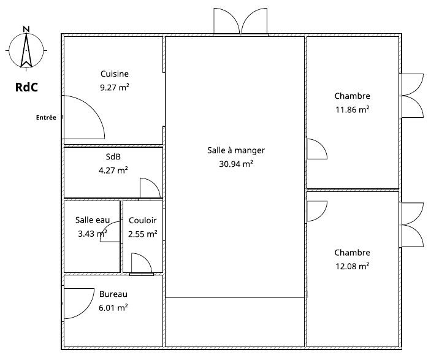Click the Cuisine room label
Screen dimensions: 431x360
coord(115,74)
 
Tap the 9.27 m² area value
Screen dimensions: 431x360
coord(115,88)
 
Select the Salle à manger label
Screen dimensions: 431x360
coord(236,150)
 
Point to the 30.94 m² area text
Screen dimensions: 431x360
coord(236,164)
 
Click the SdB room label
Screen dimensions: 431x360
coord(113,156)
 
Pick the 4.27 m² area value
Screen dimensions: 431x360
coord(113,170)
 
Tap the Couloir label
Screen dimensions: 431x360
coord(143,220)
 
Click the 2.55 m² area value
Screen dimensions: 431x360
coord(143,234)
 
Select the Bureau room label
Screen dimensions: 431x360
coord(113,294)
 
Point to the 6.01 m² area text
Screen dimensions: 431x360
coord(113,307)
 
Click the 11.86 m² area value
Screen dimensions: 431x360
coord(352,109)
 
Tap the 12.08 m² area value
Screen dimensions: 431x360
coord(352,266)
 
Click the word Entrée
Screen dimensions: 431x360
coord(46,117)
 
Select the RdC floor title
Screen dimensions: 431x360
coord(26,87)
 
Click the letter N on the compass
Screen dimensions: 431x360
coord(26,29)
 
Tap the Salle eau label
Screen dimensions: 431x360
coord(93,220)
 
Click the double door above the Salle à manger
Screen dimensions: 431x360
coord(240,22)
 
